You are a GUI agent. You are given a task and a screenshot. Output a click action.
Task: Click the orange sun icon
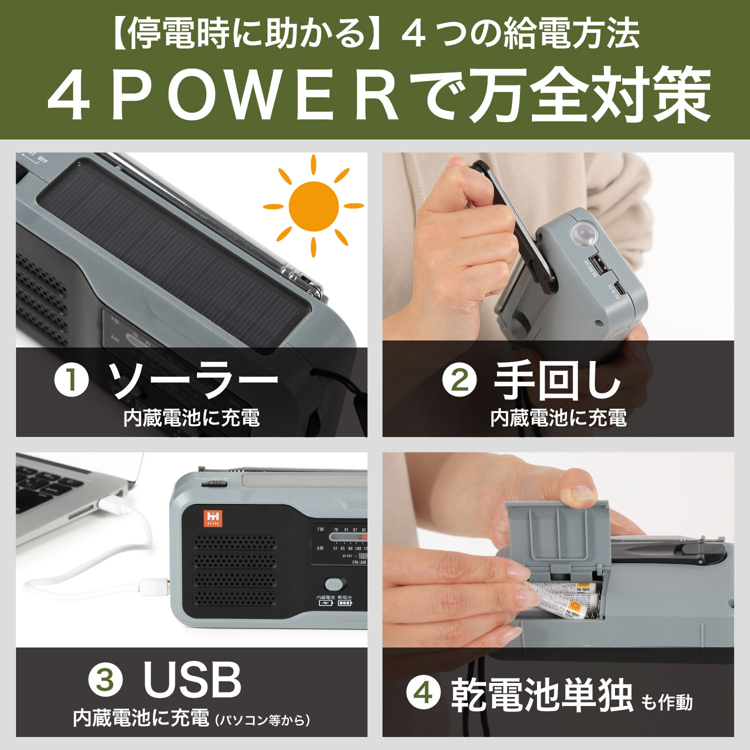[313, 206]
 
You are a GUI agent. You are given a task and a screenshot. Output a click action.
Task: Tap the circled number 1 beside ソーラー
[72, 380]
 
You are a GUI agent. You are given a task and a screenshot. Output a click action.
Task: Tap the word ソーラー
[193, 380]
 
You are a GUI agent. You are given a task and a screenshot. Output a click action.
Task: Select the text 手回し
[557, 380]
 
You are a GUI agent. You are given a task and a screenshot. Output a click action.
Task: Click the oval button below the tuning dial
[335, 584]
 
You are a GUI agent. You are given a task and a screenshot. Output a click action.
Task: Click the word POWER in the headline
[255, 96]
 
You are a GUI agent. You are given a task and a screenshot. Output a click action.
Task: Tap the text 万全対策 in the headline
[590, 96]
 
